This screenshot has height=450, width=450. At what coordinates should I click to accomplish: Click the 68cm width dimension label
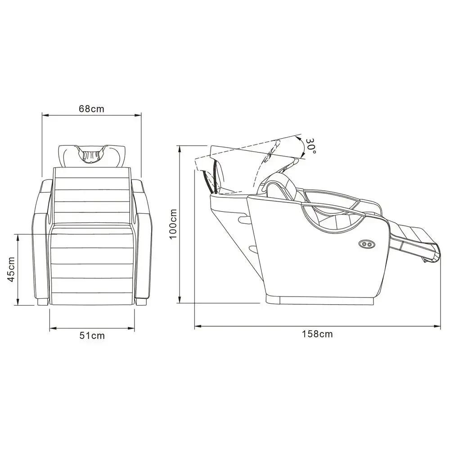point(91,109)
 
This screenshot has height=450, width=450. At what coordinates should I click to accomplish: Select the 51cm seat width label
point(92,336)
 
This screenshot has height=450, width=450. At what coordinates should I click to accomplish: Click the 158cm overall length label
point(317,334)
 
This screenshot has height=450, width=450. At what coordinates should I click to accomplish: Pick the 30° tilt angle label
point(310,146)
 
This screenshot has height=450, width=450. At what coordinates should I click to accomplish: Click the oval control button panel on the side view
point(367,244)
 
